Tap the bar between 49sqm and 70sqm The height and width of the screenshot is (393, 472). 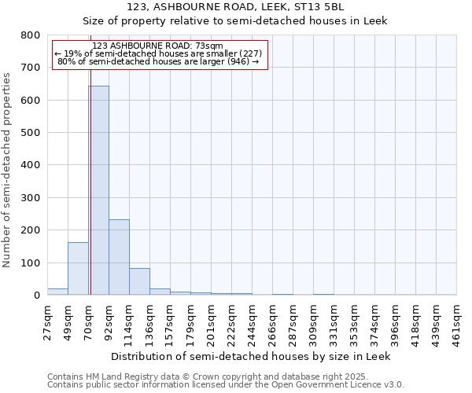[78, 269]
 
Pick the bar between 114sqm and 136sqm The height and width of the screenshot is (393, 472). [139, 281]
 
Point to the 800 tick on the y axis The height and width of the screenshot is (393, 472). [30, 35]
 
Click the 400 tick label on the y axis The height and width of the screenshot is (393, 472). [30, 165]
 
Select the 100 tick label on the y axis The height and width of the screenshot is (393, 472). [30, 263]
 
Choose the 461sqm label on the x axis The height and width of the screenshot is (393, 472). [456, 322]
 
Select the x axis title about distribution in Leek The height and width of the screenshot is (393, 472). [251, 356]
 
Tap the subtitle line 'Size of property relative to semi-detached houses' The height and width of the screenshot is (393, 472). [235, 20]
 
